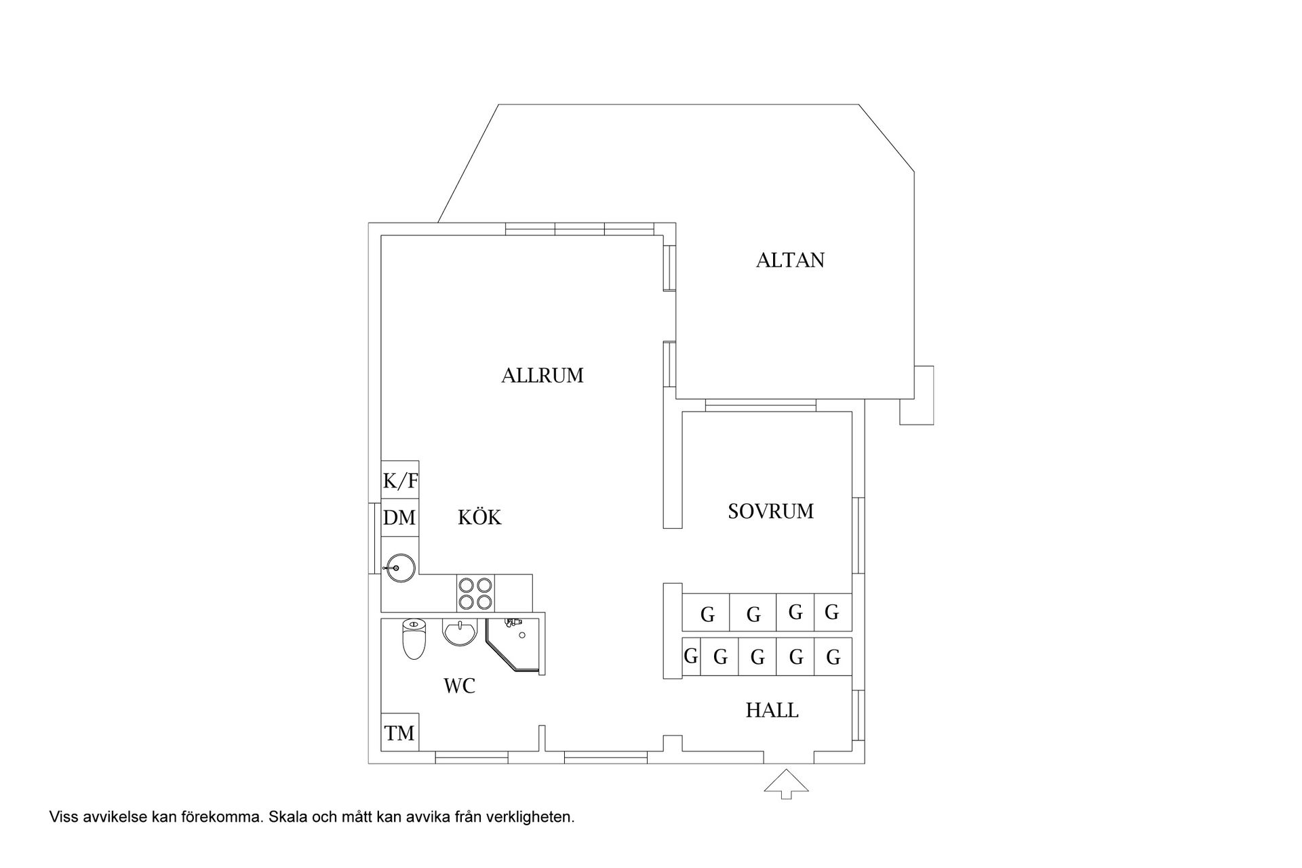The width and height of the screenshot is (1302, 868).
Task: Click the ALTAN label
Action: [790, 260]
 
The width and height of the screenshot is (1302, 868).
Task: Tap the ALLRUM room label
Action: [542, 376]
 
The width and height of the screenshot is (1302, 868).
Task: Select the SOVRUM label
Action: [770, 511]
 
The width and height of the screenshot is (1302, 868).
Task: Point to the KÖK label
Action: [479, 517]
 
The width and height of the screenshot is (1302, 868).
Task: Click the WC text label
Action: [459, 686]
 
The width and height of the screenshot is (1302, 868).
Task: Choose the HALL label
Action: [772, 711]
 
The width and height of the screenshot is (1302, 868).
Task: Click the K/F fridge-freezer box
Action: [400, 480]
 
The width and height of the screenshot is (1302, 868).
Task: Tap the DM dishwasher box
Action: [400, 518]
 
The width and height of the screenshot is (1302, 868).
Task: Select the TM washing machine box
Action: [399, 732]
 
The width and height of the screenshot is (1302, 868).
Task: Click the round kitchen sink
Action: [399, 568]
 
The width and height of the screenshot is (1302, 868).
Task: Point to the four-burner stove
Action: [475, 593]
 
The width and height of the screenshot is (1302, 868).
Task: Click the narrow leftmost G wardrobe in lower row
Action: [691, 656]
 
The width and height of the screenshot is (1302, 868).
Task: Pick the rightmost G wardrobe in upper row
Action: [833, 612]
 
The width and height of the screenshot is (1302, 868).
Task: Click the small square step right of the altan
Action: [917, 395]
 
